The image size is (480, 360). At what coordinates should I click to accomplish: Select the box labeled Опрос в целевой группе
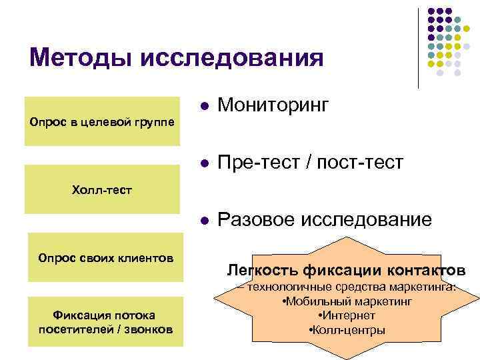pyautogui.click(x=103, y=122)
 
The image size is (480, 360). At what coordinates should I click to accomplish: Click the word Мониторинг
pyautogui.click(x=273, y=105)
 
